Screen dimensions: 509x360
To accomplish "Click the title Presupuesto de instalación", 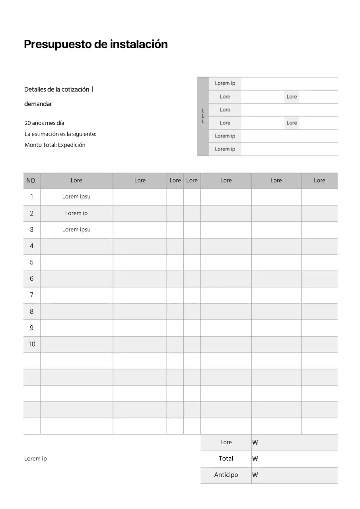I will pyautogui.click(x=95, y=44).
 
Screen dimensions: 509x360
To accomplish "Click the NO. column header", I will pyautogui.click(x=31, y=181).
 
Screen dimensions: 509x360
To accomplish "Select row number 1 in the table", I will pyautogui.click(x=31, y=196).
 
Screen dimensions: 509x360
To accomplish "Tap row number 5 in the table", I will pyautogui.click(x=31, y=262).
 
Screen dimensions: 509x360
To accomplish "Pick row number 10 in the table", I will pyautogui.click(x=31, y=344).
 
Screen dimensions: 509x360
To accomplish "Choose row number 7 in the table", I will pyautogui.click(x=31, y=295).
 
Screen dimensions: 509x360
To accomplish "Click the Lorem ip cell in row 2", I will pyautogui.click(x=76, y=213).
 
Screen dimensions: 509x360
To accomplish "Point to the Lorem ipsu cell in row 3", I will pyautogui.click(x=76, y=229).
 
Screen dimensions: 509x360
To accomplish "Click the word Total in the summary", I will pyautogui.click(x=226, y=458).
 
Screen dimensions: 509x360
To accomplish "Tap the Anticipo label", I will pyautogui.click(x=226, y=475).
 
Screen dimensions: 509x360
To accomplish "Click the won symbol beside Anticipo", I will pyautogui.click(x=255, y=475).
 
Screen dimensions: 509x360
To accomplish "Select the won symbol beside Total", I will pyautogui.click(x=255, y=458).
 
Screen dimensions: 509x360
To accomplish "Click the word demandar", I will pyautogui.click(x=38, y=104).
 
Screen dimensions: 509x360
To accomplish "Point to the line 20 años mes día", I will pyautogui.click(x=44, y=123).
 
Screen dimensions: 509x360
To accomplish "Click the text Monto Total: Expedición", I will pyautogui.click(x=55, y=145).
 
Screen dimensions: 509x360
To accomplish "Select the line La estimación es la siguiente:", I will pyautogui.click(x=60, y=134).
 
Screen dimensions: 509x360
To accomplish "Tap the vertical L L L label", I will pyautogui.click(x=203, y=116).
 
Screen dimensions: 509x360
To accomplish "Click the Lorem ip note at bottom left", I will pyautogui.click(x=35, y=458).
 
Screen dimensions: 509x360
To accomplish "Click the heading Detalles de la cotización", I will pyautogui.click(x=56, y=89).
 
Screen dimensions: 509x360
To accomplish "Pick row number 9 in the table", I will pyautogui.click(x=31, y=328).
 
